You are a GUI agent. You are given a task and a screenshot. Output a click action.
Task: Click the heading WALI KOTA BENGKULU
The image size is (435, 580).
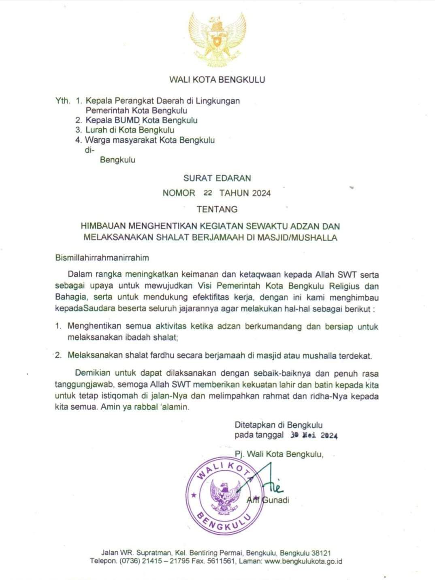point(217,79)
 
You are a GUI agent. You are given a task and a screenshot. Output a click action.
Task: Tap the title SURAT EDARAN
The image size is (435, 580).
point(217,178)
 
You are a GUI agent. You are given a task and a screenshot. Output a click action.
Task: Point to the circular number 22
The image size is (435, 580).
point(208,193)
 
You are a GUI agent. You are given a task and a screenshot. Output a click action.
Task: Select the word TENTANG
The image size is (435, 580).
point(217,210)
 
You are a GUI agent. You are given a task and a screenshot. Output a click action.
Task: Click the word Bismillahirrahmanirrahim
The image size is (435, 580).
point(102,257)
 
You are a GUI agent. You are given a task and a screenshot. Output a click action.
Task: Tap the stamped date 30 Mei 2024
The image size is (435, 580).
point(314,436)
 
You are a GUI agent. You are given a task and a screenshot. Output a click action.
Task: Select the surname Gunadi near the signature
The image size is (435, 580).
point(276,500)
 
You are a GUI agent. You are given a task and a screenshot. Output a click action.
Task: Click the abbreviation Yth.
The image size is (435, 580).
point(63,101)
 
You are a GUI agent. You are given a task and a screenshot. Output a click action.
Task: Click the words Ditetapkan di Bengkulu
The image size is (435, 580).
point(279,425)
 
